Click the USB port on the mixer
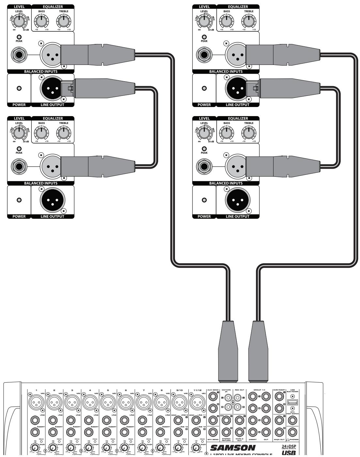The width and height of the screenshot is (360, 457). click(x=292, y=403)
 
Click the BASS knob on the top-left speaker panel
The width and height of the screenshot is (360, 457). click(x=41, y=22)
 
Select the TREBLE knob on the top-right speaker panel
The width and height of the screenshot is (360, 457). click(x=249, y=22)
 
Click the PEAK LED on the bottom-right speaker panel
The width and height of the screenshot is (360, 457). click(x=204, y=148)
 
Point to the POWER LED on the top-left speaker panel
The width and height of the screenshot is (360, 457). click(x=19, y=88)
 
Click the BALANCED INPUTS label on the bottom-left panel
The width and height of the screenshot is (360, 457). click(x=41, y=183)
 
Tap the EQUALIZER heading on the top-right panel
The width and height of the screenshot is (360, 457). click(x=238, y=7)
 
